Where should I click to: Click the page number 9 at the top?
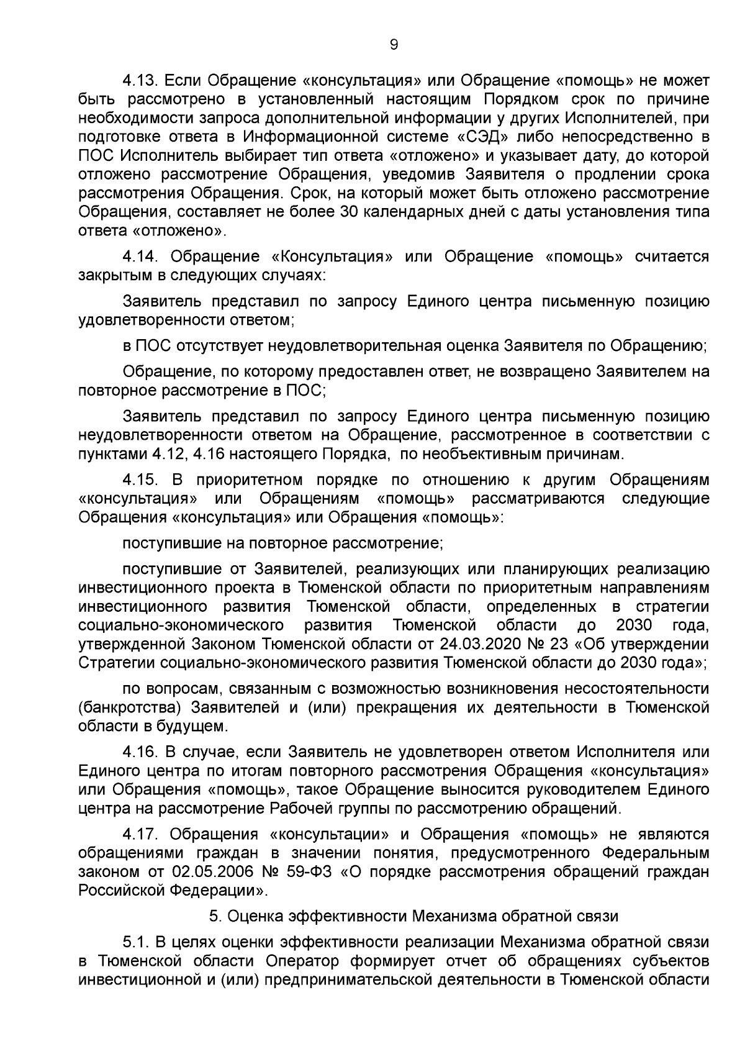(393, 44)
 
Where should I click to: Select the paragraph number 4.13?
(141, 81)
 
